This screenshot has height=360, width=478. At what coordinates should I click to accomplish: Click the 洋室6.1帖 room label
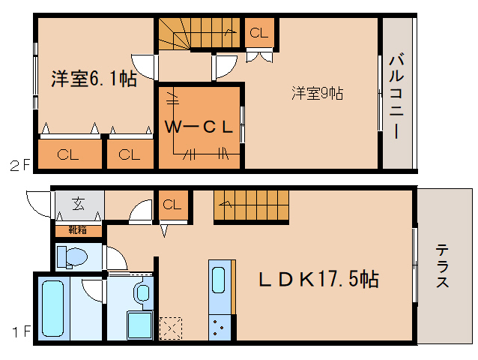[x=94, y=78]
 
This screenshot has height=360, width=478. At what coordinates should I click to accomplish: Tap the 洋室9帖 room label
[x=318, y=94]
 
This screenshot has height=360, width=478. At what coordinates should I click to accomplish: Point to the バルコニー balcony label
[x=397, y=94]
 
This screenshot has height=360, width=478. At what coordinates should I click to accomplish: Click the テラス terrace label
[x=443, y=266]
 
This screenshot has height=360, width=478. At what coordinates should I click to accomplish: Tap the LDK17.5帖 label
[x=318, y=280]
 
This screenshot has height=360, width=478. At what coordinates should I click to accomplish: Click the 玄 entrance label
[x=78, y=203]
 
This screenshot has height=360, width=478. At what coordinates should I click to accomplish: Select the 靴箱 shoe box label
[x=78, y=229]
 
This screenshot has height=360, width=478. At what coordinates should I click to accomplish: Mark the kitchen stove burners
[x=220, y=327]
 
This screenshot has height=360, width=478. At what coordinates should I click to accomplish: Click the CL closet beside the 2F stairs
[x=258, y=32]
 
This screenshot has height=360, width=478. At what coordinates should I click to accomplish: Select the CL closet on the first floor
[x=172, y=204]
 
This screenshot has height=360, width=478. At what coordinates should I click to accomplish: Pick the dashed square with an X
[x=171, y=327]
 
